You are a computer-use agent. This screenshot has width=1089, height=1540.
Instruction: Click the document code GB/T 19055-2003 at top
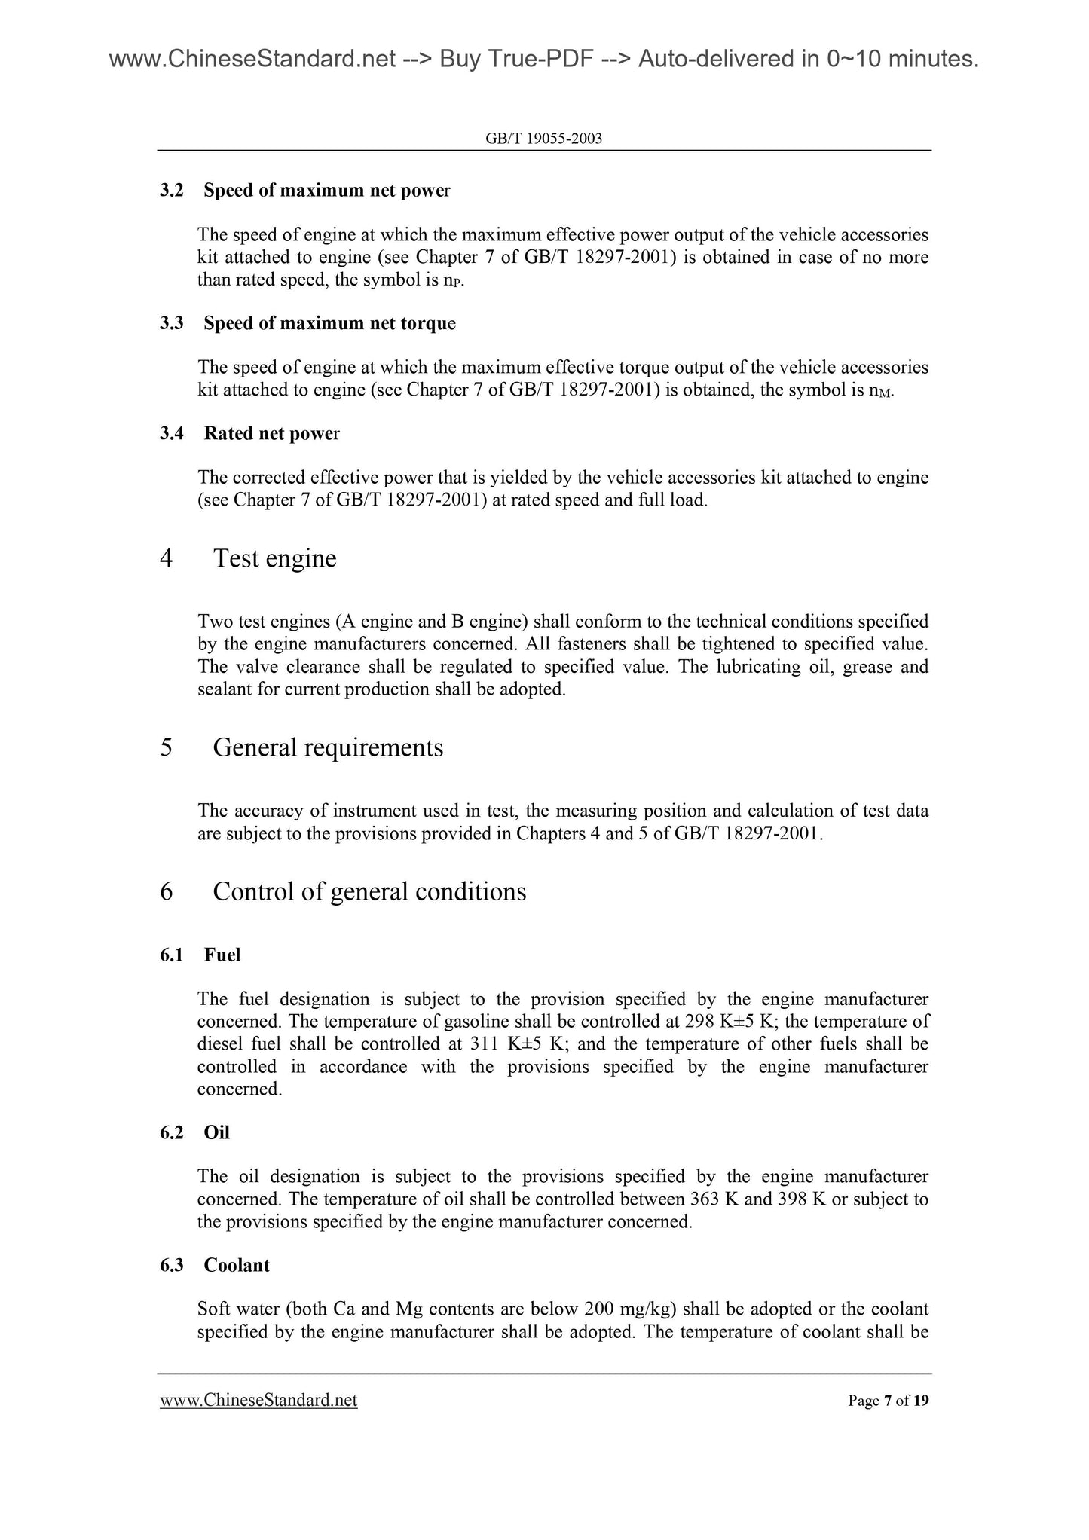pyautogui.click(x=544, y=139)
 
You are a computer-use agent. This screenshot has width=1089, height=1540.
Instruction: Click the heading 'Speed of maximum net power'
pyautogui.click(x=326, y=191)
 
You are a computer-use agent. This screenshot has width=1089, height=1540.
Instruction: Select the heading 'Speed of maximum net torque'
pyautogui.click(x=329, y=323)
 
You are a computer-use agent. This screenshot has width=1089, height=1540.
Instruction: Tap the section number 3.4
pyautogui.click(x=172, y=434)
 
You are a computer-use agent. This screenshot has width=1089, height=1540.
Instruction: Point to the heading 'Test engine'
pyautogui.click(x=274, y=558)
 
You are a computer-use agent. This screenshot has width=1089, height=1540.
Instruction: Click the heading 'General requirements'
pyautogui.click(x=328, y=747)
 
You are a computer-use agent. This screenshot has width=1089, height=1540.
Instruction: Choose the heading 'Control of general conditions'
pyautogui.click(x=369, y=891)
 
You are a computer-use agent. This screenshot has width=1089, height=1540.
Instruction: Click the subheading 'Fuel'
pyautogui.click(x=222, y=955)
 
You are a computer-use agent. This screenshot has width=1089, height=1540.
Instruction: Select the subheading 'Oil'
pyautogui.click(x=216, y=1132)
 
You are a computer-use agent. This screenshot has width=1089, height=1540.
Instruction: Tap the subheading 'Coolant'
pyautogui.click(x=237, y=1265)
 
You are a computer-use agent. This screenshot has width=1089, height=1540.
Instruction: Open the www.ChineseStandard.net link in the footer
pyautogui.click(x=258, y=1401)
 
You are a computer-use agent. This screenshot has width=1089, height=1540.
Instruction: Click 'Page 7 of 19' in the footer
pyautogui.click(x=888, y=1401)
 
